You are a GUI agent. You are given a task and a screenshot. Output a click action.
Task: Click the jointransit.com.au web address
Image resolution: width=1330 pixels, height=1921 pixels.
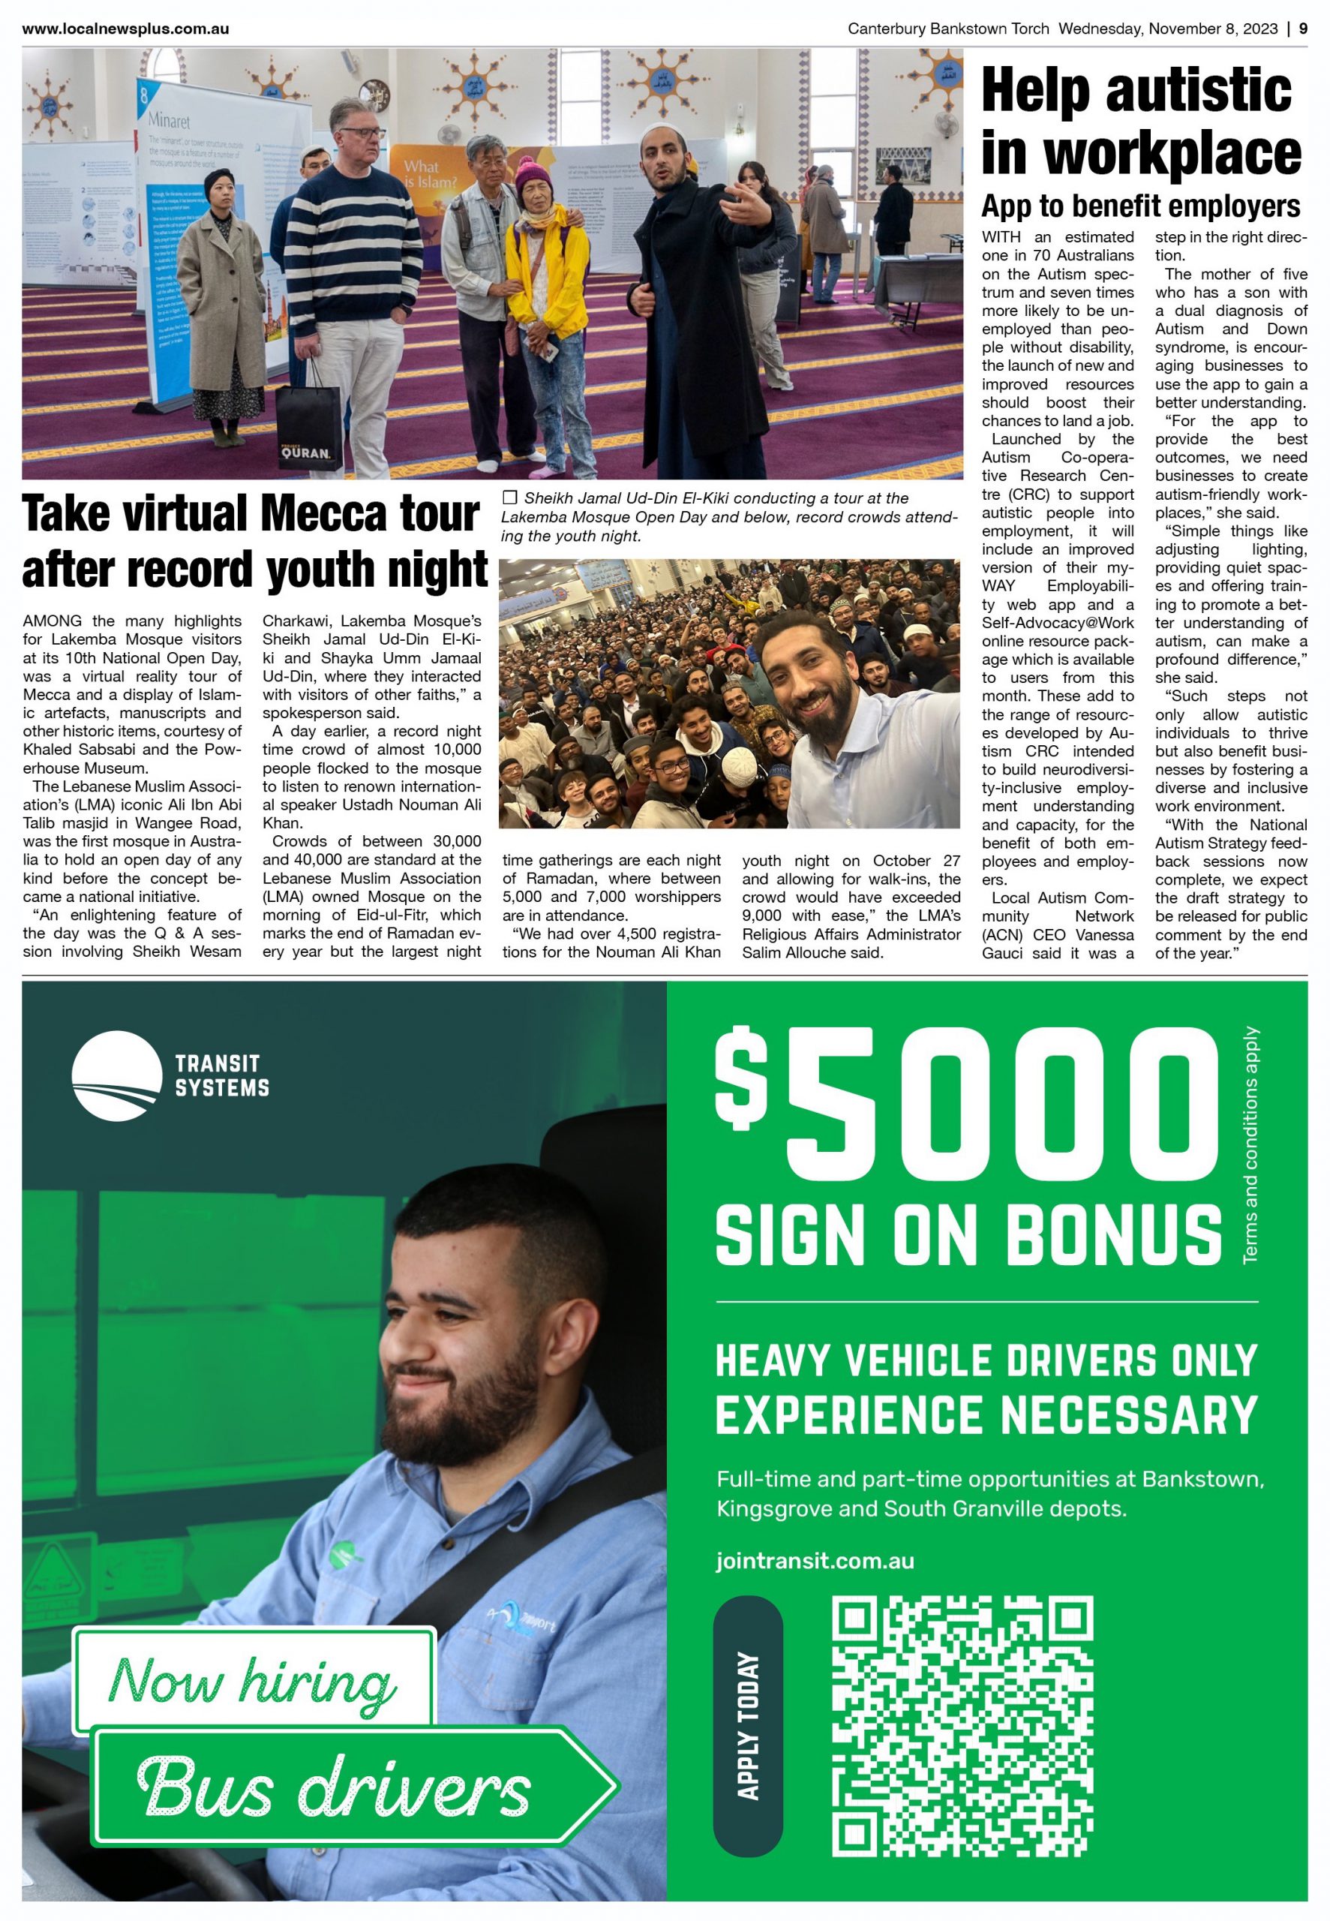[x=814, y=1561]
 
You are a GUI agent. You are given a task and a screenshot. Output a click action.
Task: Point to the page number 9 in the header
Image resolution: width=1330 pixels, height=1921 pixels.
[x=1303, y=29]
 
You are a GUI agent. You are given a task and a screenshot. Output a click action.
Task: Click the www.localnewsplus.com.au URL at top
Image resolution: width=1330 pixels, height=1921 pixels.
[x=125, y=29]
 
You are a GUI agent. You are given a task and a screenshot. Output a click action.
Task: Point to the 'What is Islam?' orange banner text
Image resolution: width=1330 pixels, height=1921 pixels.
[x=430, y=173]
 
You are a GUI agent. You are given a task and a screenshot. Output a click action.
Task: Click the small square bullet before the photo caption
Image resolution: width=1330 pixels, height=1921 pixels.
[x=510, y=498]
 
